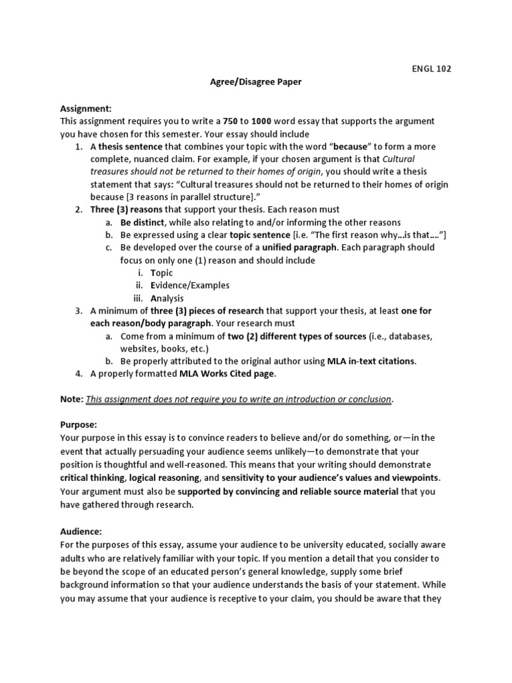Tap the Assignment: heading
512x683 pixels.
coord(86,108)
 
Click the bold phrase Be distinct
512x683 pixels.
coord(142,222)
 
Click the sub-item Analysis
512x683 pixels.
coord(167,298)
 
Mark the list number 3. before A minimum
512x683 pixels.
coord(78,311)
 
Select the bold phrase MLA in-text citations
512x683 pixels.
coord(371,362)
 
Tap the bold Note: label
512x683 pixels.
coord(72,400)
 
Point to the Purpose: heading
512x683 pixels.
coord(79,425)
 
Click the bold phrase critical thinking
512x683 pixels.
coord(92,479)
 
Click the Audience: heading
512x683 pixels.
coord(81,532)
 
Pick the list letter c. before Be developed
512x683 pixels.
coord(108,247)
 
